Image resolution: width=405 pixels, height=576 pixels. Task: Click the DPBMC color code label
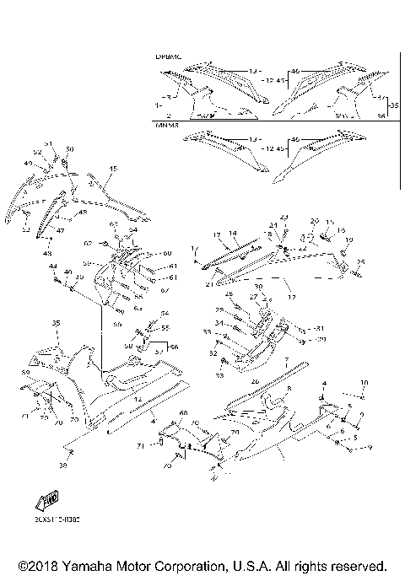tap(167, 57)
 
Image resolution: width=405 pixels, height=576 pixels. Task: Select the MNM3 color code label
tap(165, 125)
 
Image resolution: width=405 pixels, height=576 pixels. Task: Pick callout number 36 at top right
tap(381, 115)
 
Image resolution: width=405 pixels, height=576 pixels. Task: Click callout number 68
tap(182, 413)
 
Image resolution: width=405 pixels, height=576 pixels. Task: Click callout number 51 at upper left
tap(48, 144)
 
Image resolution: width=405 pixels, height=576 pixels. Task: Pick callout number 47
tap(60, 229)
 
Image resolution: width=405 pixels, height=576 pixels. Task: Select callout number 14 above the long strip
tap(233, 233)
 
